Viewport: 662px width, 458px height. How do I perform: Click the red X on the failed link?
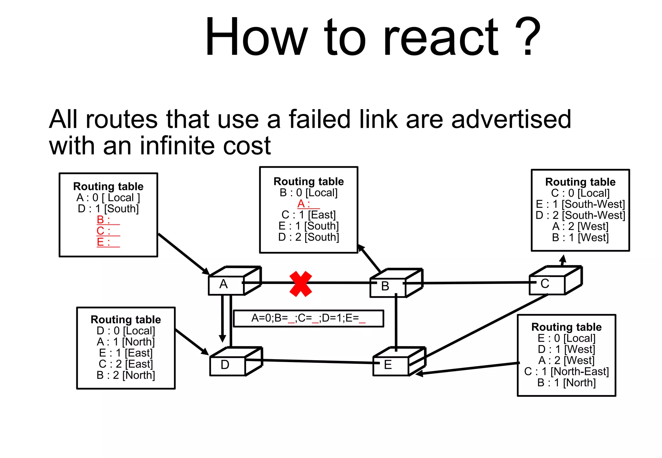[301, 284]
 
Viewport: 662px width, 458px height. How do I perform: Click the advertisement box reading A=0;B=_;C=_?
[308, 318]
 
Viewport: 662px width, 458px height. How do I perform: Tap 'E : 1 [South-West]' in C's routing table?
[580, 204]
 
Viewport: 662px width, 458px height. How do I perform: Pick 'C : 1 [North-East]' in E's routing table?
[566, 371]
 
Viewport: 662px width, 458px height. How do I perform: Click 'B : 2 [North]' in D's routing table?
[126, 375]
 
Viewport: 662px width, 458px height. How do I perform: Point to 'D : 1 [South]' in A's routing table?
[108, 209]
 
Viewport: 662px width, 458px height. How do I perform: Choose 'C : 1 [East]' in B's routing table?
[308, 215]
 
